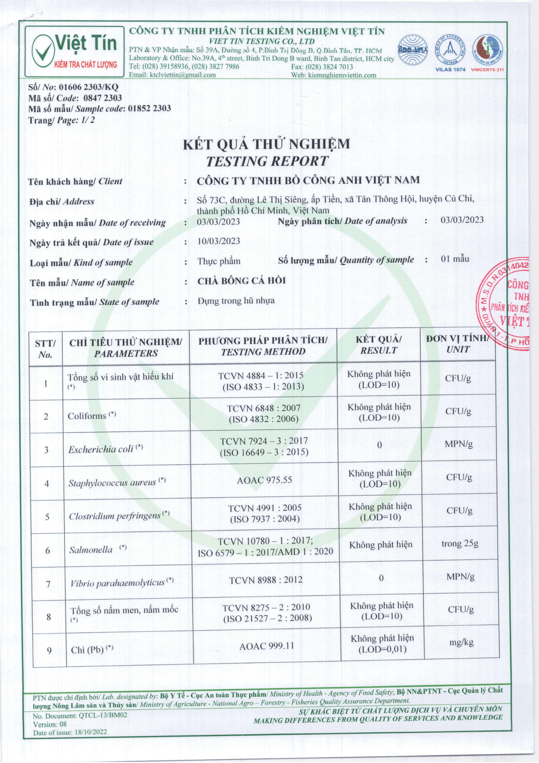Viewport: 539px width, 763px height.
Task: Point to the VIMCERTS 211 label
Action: click(487, 69)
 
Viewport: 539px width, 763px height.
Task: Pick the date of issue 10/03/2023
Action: click(218, 241)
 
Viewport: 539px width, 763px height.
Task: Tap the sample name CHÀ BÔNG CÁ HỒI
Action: click(241, 281)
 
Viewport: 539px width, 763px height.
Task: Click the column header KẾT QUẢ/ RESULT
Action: click(379, 345)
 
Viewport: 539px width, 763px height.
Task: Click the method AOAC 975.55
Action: click(264, 480)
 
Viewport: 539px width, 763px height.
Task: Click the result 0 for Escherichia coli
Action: click(380, 445)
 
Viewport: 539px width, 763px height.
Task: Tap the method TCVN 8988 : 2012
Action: click(266, 580)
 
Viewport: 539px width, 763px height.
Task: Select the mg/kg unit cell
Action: click(461, 642)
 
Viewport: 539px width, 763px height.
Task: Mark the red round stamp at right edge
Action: click(508, 304)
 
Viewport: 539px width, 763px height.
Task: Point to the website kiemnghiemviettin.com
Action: click(342, 75)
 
